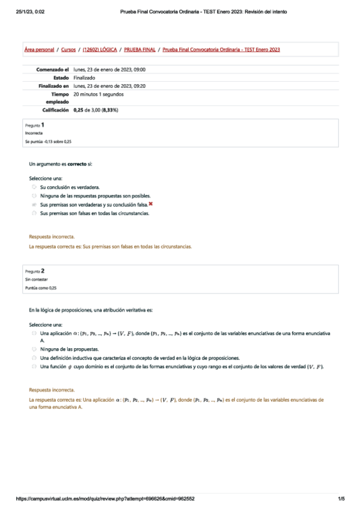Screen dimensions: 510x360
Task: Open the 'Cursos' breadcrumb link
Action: point(69,49)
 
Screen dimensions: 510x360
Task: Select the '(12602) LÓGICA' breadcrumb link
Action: point(100,49)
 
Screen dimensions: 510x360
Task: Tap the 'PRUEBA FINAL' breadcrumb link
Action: point(139,49)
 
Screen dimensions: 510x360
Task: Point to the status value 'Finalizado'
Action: point(85,78)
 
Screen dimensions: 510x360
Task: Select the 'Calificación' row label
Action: point(55,111)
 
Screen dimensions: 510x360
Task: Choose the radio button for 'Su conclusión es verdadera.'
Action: point(34,188)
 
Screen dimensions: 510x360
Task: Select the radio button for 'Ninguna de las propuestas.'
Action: point(34,349)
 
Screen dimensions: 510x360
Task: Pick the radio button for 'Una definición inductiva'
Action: point(34,357)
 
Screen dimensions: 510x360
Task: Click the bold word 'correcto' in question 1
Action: point(76,164)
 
